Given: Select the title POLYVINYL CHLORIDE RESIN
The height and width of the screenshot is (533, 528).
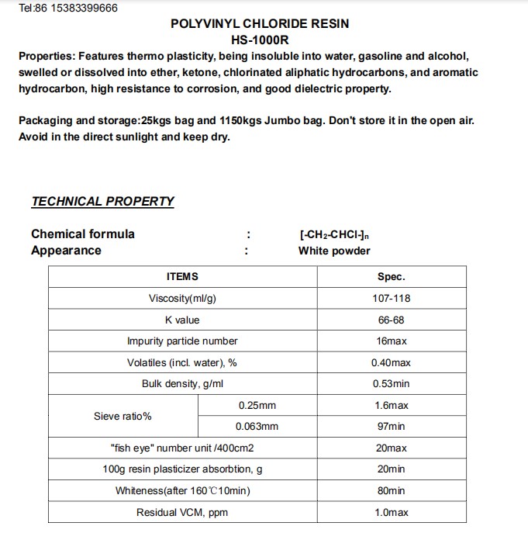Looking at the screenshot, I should tap(260, 24).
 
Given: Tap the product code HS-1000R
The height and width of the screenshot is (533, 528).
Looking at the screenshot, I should tap(260, 40).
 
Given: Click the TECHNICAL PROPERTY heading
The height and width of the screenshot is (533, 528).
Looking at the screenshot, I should tap(102, 202).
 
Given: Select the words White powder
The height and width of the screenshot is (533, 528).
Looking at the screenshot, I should tap(334, 251).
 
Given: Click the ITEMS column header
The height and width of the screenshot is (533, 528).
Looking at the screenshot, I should tap(182, 277).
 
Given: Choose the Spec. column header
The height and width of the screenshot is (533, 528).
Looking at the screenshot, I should tap(391, 277).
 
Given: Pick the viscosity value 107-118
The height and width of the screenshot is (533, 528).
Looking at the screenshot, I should tap(391, 299).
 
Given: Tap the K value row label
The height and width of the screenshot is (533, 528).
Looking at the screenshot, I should tap(182, 320).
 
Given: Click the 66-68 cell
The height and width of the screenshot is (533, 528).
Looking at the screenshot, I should tap(391, 320).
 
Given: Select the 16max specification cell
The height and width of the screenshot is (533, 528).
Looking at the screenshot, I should tap(391, 341).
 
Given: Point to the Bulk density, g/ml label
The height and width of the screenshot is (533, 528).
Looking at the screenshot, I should tap(182, 384).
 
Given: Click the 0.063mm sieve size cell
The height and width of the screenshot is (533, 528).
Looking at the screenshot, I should tap(257, 427).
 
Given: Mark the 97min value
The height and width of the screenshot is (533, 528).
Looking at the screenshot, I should tap(391, 427).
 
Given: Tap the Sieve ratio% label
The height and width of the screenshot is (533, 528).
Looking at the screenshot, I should tap(123, 417).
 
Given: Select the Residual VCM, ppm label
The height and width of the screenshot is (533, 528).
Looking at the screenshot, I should tap(182, 513).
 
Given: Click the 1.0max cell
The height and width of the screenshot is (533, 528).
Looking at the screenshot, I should tap(391, 513).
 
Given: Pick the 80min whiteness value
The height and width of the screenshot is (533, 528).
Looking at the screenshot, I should tap(391, 491).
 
